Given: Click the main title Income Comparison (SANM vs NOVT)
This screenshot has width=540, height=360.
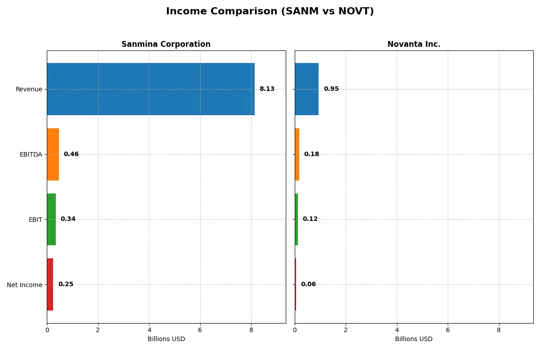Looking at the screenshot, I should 270,11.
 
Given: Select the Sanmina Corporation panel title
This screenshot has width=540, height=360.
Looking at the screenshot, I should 166,44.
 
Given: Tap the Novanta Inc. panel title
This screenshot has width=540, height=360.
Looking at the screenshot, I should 414,44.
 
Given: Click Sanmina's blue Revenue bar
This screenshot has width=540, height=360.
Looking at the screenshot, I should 151,89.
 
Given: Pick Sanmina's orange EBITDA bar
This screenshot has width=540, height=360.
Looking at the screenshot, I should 53,154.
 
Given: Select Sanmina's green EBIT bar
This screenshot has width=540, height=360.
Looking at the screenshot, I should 51,219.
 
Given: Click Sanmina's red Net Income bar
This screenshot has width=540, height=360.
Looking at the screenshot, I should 50,284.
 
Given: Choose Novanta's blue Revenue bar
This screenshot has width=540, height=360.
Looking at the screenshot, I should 306,89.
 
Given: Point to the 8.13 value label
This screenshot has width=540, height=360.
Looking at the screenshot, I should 267,89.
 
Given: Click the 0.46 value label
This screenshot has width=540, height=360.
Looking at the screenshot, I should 71,154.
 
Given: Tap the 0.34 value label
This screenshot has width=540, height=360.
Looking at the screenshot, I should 68,219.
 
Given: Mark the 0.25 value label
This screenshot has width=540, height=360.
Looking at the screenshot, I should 66,284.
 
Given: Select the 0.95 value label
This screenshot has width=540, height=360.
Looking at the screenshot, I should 331,89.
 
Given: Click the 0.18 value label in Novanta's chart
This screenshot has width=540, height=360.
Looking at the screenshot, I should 311,154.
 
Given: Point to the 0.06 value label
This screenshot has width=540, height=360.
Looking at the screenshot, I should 308,284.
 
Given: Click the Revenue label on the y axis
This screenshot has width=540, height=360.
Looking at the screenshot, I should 29,89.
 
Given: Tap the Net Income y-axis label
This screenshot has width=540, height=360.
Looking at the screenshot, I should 25,285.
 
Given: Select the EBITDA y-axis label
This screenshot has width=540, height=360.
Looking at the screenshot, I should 31,154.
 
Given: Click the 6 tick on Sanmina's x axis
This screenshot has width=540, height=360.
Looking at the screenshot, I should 200,330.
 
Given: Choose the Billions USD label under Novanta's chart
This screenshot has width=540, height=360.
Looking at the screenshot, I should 414,339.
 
